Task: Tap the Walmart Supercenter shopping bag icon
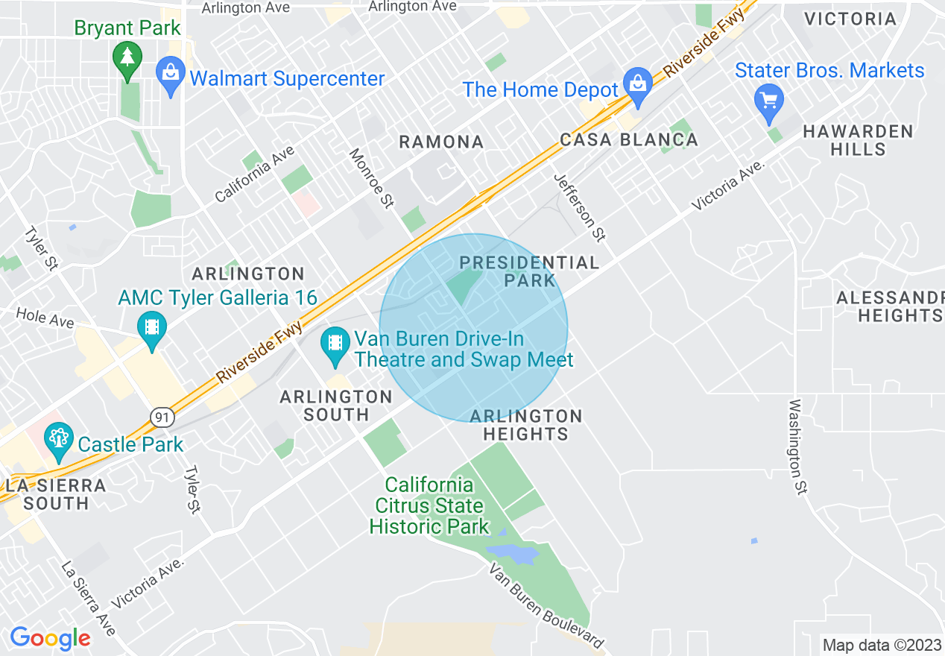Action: tap(171, 76)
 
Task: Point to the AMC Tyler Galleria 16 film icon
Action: tap(152, 329)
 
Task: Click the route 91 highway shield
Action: tap(161, 417)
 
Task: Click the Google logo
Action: tap(50, 638)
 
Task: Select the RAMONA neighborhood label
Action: tap(441, 142)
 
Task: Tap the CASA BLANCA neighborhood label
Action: tap(629, 139)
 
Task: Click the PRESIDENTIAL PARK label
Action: tap(529, 271)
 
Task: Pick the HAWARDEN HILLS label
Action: tap(858, 140)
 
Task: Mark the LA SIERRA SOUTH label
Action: tap(56, 494)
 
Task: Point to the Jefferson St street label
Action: tap(580, 206)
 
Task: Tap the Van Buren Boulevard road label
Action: tap(546, 605)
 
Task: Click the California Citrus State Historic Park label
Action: tap(429, 505)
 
